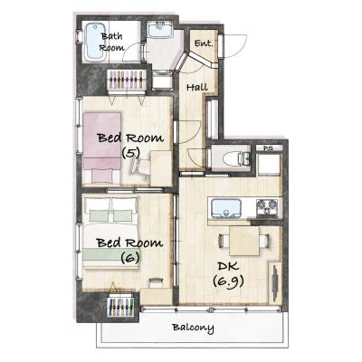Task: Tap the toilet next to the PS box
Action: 235,158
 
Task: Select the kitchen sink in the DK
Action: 226,208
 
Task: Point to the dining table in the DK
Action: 244,242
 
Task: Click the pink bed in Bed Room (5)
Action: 102,148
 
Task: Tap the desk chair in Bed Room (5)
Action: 140,167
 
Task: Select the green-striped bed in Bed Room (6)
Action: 110,233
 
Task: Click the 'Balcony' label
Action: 193,328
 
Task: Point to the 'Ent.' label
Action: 204,43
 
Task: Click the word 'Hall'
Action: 197,88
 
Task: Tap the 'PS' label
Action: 267,148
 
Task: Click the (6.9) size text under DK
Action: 228,281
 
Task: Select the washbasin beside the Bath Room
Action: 159,30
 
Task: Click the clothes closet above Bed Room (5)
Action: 127,80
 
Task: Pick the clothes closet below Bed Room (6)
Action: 121,307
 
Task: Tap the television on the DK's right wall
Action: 275,282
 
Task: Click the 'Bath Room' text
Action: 111,42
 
